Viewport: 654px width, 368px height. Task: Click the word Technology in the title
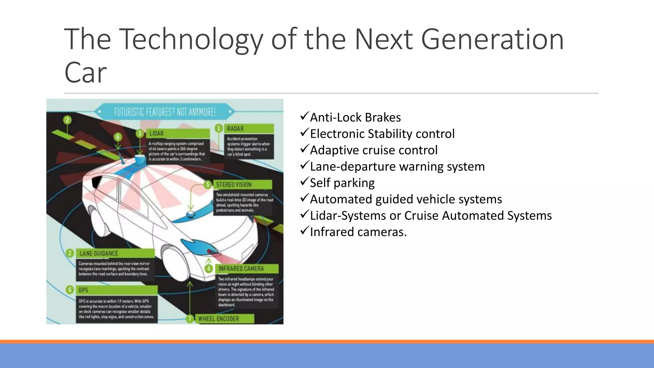(192, 40)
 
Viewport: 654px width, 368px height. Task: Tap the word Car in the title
(85, 73)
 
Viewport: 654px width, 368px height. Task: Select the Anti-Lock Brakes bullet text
(355, 118)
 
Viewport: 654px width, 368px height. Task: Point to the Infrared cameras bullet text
(358, 232)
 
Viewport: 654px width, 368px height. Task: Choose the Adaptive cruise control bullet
(373, 150)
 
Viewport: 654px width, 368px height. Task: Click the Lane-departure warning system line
(397, 166)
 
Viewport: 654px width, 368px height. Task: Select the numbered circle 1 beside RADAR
(219, 128)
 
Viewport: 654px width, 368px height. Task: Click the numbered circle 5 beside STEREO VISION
(208, 185)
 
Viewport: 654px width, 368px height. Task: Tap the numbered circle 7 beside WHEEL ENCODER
(190, 319)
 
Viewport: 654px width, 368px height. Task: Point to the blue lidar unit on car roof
(140, 160)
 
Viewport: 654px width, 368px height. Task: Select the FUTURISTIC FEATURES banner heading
(165, 112)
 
